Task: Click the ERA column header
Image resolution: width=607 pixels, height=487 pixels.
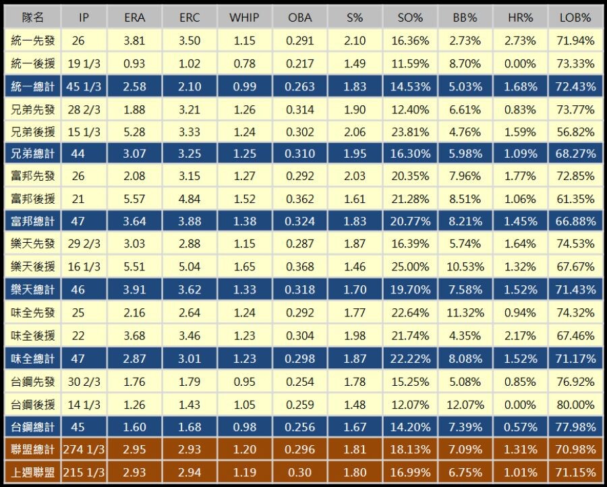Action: click(x=135, y=18)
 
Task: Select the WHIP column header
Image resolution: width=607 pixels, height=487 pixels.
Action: click(x=244, y=18)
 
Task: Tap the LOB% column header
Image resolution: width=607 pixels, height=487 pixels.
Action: click(x=575, y=18)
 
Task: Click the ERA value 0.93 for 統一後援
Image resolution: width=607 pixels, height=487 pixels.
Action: click(x=135, y=63)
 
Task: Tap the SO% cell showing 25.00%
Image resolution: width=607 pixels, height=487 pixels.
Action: click(x=410, y=267)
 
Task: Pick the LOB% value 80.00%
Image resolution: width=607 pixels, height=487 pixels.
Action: click(x=575, y=405)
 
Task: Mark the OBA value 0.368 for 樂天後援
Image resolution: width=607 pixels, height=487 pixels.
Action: click(x=299, y=267)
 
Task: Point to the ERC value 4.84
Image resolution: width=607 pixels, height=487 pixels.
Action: click(x=190, y=199)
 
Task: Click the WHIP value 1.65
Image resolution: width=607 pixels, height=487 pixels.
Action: click(x=244, y=267)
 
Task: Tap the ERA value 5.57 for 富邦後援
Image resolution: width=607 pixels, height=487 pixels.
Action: click(x=135, y=199)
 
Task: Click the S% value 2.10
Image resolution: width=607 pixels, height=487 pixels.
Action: click(x=355, y=40)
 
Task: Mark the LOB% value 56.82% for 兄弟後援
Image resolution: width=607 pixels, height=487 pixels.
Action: click(x=575, y=132)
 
